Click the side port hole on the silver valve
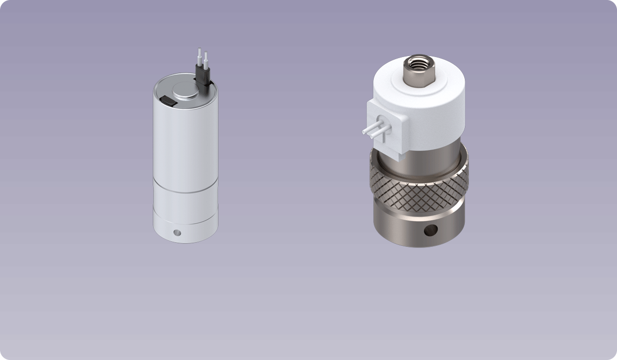(177, 232)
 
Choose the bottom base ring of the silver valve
(185, 229)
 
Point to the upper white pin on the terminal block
(373, 127)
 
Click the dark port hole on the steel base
(428, 230)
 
